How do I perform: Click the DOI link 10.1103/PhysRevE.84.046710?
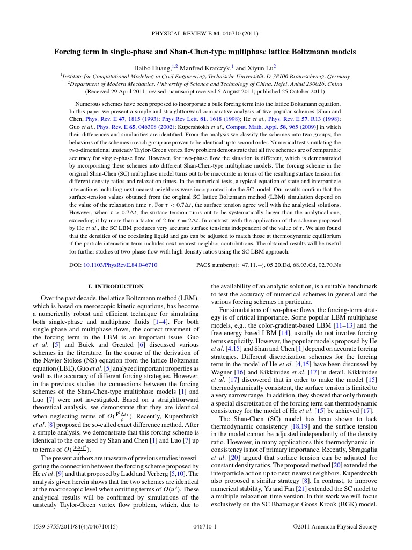coord(120,265)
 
